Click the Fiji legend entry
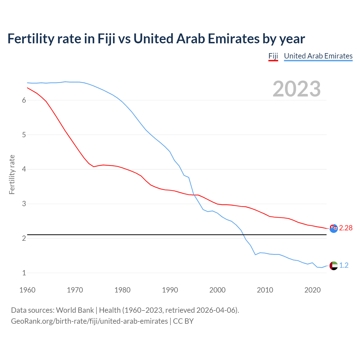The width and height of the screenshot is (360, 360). coord(273,56)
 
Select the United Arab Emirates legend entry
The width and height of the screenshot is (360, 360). coord(318,56)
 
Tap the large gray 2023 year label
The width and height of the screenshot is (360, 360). coord(296,89)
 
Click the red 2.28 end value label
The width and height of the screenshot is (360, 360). coord(346,228)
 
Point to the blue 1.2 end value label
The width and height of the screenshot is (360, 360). coord(344,265)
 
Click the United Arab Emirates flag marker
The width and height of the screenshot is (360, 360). coord(334,265)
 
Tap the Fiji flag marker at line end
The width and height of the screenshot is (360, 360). coord(334,228)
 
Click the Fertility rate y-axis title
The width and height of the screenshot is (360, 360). coord(12,174)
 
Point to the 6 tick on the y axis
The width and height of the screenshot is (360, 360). coord(24,100)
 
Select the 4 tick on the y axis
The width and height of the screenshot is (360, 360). coord(24,169)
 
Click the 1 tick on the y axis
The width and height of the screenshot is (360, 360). coord(24,273)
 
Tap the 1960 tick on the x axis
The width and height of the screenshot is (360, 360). coord(27,290)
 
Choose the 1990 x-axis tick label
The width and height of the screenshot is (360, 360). coord(170,290)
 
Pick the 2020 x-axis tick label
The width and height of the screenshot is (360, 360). coord(312,290)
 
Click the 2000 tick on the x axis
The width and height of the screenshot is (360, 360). coord(217,290)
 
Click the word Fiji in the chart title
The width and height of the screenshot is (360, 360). coord(106,39)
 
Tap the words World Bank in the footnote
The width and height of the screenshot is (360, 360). coord(75,310)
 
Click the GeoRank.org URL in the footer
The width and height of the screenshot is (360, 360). coord(89,321)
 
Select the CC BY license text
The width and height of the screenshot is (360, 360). coord(183,321)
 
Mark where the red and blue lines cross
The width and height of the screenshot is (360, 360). coord(194,195)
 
